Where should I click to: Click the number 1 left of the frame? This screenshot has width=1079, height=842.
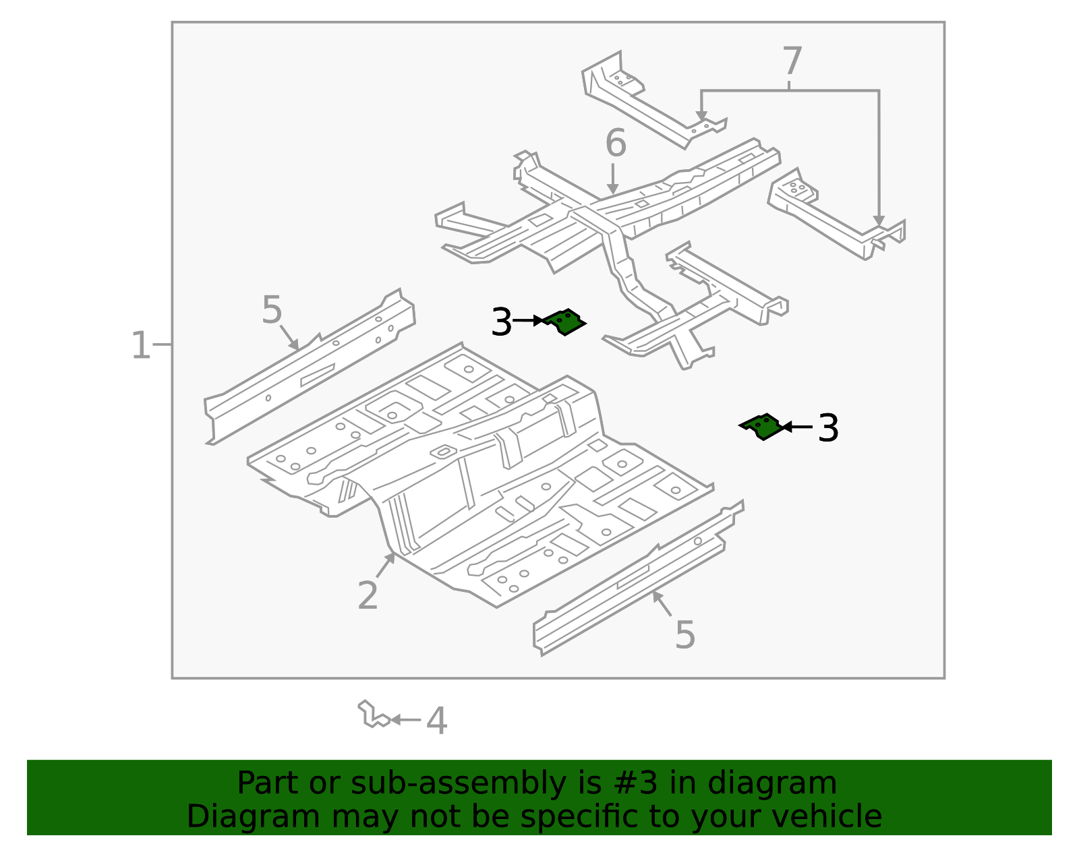tap(140, 346)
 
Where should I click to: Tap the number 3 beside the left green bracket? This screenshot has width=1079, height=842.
tap(502, 322)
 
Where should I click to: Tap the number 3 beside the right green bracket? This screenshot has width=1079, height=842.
tap(828, 428)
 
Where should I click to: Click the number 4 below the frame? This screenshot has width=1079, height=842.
tap(437, 721)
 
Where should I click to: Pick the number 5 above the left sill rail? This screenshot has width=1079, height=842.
tap(272, 311)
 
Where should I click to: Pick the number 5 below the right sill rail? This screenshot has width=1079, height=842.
tap(684, 635)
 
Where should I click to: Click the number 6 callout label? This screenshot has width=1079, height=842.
tap(615, 144)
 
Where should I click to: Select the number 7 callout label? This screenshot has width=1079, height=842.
tap(792, 62)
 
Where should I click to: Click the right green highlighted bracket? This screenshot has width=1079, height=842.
tap(763, 426)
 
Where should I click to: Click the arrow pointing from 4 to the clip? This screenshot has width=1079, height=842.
tap(405, 720)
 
